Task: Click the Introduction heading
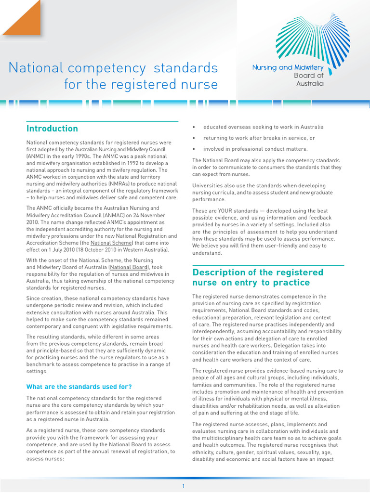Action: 52,129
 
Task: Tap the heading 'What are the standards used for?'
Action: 79,387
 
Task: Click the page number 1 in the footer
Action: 183,486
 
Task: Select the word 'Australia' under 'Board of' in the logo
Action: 310,83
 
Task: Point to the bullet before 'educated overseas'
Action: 194,127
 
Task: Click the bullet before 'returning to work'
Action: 194,138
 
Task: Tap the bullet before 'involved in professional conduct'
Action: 194,149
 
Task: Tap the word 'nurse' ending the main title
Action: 198,85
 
